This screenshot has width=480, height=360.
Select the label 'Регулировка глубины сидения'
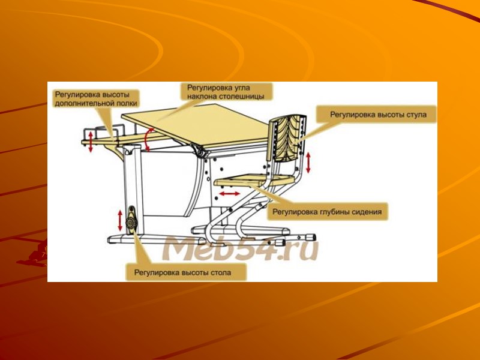pyautogui.click(x=327, y=211)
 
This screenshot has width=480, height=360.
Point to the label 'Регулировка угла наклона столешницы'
pyautogui.click(x=226, y=91)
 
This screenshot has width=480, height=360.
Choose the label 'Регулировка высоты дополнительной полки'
pyautogui.click(x=95, y=98)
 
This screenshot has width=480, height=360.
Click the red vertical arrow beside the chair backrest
pyautogui.click(x=309, y=163)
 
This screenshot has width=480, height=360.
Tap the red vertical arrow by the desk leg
pyautogui.click(x=120, y=220)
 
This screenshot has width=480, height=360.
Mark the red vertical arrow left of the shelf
pyautogui.click(x=91, y=142)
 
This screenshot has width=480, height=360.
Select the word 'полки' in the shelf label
pyautogui.click(x=126, y=103)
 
